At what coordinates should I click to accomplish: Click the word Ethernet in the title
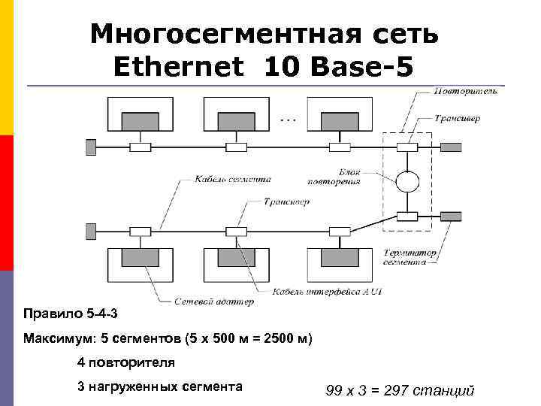coord(179,68)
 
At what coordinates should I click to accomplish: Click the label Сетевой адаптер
coord(214,301)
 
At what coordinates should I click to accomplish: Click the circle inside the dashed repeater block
coord(407,182)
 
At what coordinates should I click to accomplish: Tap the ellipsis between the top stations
coord(288,119)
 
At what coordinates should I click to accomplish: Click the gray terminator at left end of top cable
coord(91,147)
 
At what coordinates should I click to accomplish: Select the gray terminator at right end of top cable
coord(450,147)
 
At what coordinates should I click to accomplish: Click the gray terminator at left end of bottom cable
coord(91,230)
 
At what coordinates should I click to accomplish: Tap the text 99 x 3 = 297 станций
coord(400,390)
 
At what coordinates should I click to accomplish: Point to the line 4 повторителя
coord(126,362)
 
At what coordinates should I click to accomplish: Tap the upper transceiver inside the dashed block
coord(407,147)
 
